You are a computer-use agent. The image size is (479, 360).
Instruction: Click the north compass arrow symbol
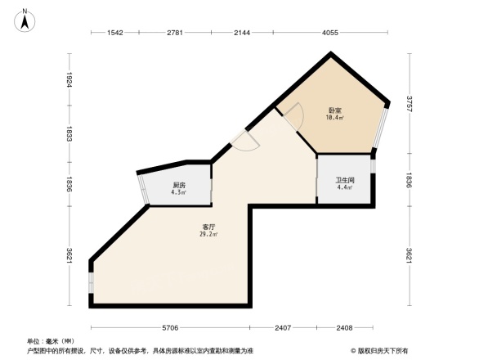[25, 18]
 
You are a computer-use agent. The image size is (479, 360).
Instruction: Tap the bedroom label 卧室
[335, 110]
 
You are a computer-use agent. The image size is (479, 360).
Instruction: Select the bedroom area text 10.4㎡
[335, 118]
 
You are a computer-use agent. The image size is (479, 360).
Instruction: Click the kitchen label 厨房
[179, 186]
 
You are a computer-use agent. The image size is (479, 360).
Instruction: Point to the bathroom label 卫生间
[344, 181]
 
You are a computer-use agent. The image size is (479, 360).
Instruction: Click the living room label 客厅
[208, 227]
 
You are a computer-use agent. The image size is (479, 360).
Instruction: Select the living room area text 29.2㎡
[208, 235]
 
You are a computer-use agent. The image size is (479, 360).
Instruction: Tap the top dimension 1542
[114, 33]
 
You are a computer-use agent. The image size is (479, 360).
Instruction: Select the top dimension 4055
[329, 33]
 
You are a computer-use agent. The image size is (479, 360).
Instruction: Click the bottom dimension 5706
[169, 328]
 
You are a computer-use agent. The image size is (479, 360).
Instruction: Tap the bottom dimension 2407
[283, 328]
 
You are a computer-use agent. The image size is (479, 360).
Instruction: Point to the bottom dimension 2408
[344, 328]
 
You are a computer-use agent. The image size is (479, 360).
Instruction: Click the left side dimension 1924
[70, 80]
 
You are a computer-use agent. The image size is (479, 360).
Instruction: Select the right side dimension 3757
[410, 103]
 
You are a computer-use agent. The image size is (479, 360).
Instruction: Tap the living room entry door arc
[245, 143]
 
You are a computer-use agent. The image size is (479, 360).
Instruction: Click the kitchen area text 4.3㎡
[179, 193]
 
